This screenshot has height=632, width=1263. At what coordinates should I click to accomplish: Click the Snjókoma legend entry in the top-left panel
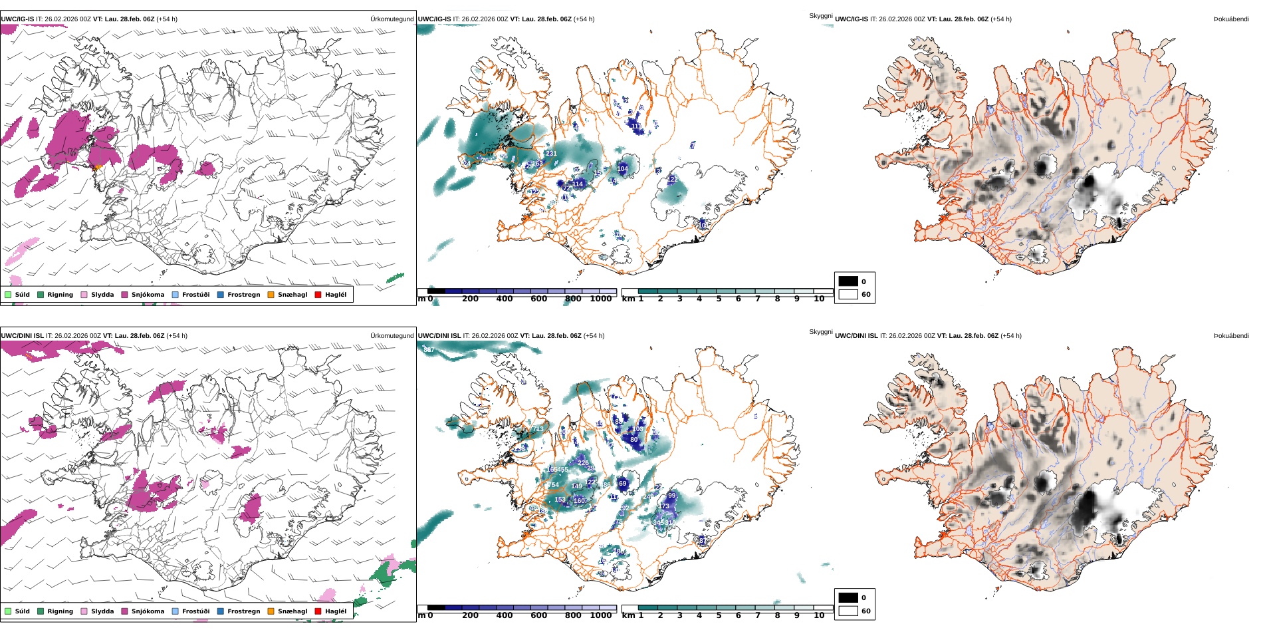[148, 295]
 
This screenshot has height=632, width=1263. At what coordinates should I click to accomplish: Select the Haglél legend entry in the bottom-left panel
[336, 611]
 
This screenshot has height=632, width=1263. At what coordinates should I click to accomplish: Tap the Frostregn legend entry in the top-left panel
[243, 295]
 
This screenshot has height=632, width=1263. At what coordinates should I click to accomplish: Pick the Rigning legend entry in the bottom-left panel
[60, 611]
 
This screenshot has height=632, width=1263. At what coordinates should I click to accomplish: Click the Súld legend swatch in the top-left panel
[8, 295]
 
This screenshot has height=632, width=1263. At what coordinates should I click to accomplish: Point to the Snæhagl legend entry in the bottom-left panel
[292, 611]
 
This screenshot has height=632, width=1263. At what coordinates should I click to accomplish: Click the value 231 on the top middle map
[551, 154]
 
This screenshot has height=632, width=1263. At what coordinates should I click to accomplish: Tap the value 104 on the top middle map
[622, 169]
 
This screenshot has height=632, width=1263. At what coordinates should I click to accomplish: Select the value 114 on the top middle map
[578, 184]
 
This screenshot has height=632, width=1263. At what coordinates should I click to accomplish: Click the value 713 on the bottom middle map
[537, 429]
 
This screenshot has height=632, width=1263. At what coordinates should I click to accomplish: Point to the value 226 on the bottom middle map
[583, 463]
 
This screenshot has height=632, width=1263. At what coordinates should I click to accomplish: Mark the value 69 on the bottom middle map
[622, 484]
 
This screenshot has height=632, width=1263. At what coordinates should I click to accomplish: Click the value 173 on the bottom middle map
[663, 506]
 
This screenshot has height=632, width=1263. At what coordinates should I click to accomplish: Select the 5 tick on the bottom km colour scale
[719, 616]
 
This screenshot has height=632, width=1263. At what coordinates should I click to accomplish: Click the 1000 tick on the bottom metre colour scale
[600, 616]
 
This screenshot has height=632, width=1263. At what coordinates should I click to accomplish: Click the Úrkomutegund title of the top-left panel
[392, 19]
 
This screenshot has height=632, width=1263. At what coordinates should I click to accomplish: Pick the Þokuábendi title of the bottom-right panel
[1231, 336]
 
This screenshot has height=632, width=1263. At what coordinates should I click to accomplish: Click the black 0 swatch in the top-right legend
[848, 281]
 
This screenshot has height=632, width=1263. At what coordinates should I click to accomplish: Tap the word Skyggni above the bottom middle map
[820, 332]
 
